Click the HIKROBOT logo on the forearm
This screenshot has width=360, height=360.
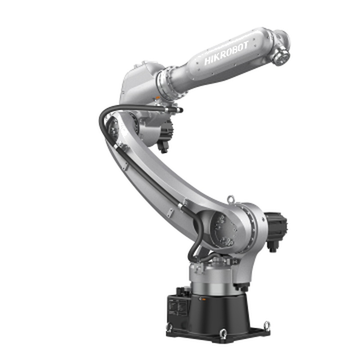point(226,53)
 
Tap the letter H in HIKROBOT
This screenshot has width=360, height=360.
point(207,61)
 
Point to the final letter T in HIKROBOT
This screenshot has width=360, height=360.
point(246,45)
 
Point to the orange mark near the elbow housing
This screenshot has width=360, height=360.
point(157,98)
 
